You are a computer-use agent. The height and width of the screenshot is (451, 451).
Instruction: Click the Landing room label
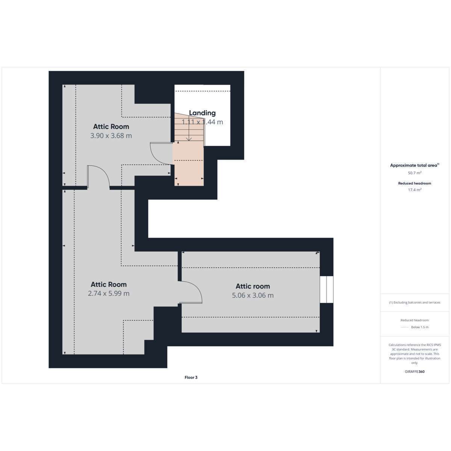(202, 113)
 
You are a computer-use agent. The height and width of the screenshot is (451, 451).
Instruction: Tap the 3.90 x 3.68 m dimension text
(111, 136)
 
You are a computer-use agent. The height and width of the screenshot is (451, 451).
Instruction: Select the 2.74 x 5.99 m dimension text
(109, 293)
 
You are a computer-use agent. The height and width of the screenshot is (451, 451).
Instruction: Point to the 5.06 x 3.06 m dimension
(253, 295)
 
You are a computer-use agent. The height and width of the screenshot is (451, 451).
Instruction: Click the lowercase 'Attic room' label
(253, 286)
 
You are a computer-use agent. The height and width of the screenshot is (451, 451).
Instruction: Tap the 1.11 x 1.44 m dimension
(202, 122)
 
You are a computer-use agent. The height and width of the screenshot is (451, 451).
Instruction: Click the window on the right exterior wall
(327, 289)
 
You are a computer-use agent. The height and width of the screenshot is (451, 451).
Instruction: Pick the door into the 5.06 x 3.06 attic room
(190, 292)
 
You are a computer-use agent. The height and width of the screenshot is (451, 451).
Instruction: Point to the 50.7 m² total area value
(415, 173)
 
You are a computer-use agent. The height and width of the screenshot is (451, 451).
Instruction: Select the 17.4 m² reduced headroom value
(415, 189)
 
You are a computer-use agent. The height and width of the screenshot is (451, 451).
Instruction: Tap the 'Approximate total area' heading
(415, 165)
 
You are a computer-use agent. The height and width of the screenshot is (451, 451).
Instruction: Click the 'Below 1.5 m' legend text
(420, 327)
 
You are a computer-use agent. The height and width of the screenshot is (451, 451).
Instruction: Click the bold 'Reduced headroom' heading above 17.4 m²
(415, 183)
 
